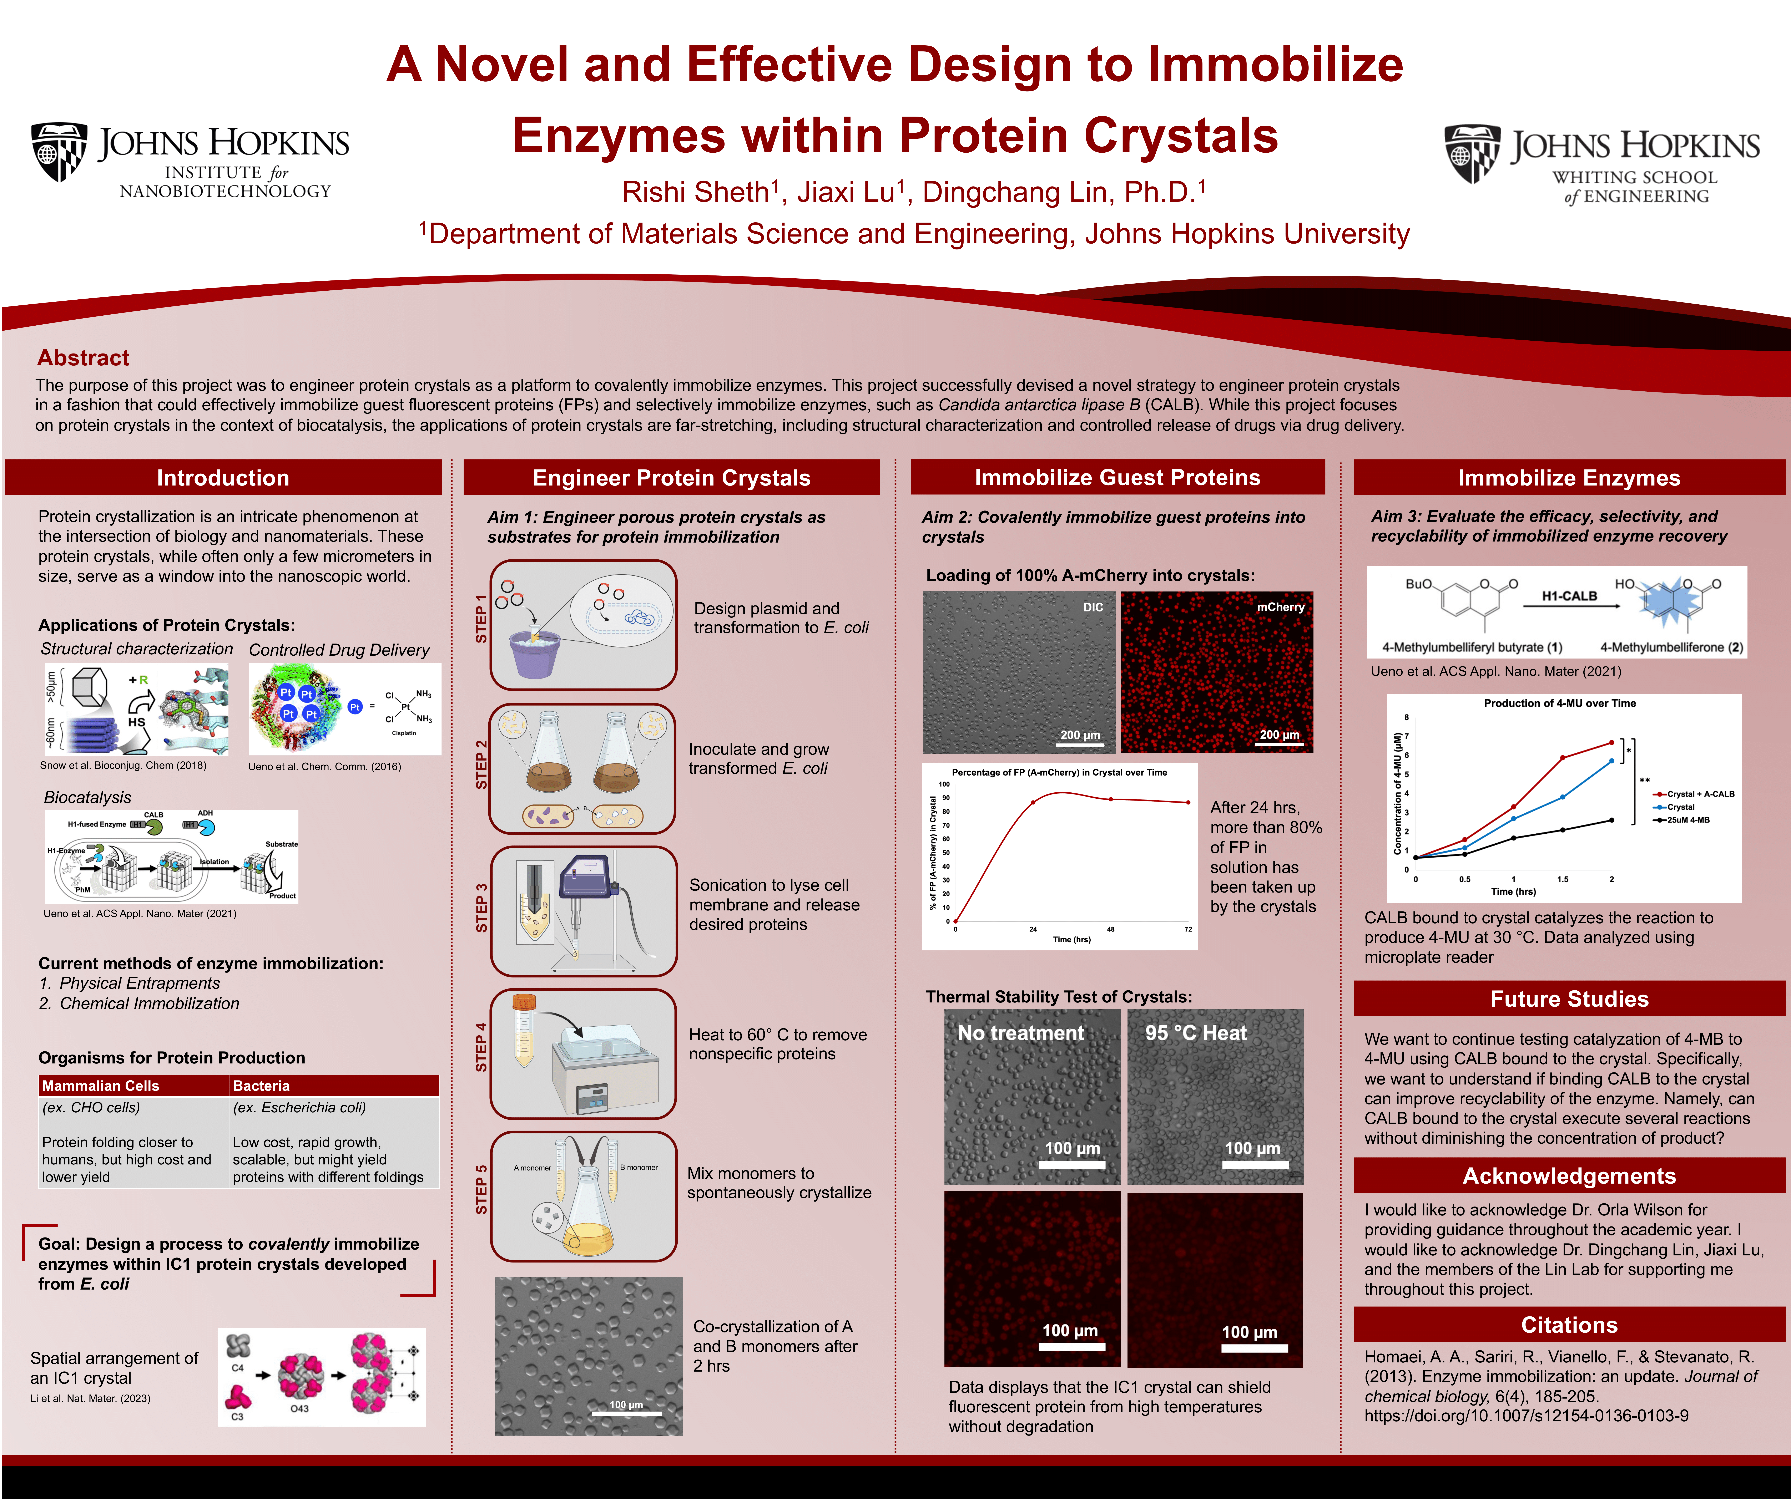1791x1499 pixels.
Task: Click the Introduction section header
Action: [223, 478]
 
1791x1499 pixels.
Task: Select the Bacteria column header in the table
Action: [261, 1086]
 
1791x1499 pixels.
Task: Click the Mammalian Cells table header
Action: [101, 1086]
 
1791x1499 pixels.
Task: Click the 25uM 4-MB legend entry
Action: [1682, 820]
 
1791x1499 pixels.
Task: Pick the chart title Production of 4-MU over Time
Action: [1560, 703]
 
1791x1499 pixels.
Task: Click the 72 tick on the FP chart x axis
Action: [1188, 929]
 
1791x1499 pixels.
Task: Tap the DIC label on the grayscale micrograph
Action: [1093, 607]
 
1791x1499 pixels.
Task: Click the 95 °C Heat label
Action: [1196, 1033]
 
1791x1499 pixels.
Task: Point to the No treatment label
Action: [1021, 1033]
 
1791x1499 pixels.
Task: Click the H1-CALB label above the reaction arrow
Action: [1569, 596]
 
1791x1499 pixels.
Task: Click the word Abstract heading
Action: [84, 357]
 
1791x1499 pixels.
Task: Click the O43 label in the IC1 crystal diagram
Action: [299, 1409]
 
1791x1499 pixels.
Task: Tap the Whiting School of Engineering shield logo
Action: [1472, 153]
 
